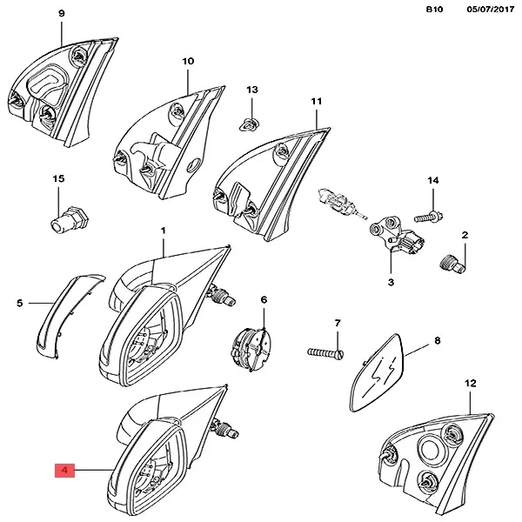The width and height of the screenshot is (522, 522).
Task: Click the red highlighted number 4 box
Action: pos(65,472)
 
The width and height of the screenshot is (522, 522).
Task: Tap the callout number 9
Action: pos(61,14)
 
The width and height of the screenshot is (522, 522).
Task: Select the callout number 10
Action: pos(188,62)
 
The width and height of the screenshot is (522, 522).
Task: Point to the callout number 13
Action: pos(252,90)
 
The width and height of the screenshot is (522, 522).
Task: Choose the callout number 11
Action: pos(317,102)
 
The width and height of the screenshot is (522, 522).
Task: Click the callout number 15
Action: pos(59,178)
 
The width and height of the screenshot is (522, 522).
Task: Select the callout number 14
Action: pos(432,180)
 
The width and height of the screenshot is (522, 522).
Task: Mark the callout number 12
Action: pos(471,383)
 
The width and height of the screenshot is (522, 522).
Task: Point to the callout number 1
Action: pos(162,230)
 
